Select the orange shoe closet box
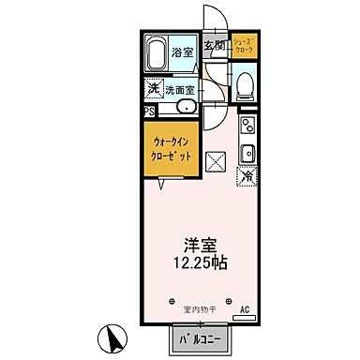pyautogui.click(x=246, y=46)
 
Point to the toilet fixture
pyautogui.click(x=246, y=85)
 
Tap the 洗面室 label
pyautogui.click(x=180, y=91)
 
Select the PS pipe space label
pyautogui.click(x=150, y=109)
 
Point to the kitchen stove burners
pyautogui.click(x=248, y=127)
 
